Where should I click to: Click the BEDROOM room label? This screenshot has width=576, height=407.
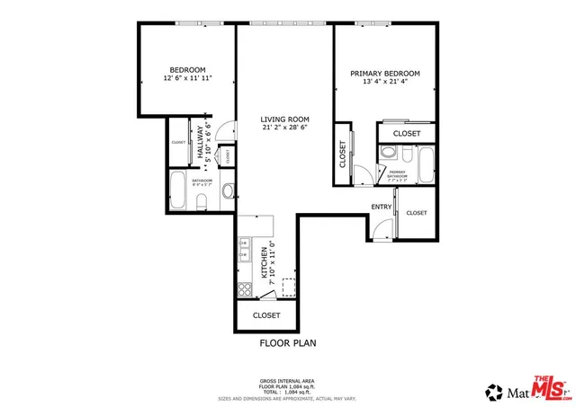point(187,69)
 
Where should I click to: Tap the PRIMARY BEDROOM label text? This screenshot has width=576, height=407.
point(385,73)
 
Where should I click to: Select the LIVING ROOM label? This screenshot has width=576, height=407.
point(285,119)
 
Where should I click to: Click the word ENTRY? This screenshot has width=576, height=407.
point(381,207)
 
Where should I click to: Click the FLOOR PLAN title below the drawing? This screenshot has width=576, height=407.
point(287,342)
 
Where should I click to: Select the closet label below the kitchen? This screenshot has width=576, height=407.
point(266,315)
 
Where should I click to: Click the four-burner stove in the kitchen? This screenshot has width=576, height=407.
point(243,288)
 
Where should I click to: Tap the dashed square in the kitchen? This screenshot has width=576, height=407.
point(288,287)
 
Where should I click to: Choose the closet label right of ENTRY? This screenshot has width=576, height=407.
point(416,213)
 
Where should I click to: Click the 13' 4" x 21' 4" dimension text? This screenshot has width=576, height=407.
point(385,83)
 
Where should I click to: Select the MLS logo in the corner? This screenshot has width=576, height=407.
point(549,387)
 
